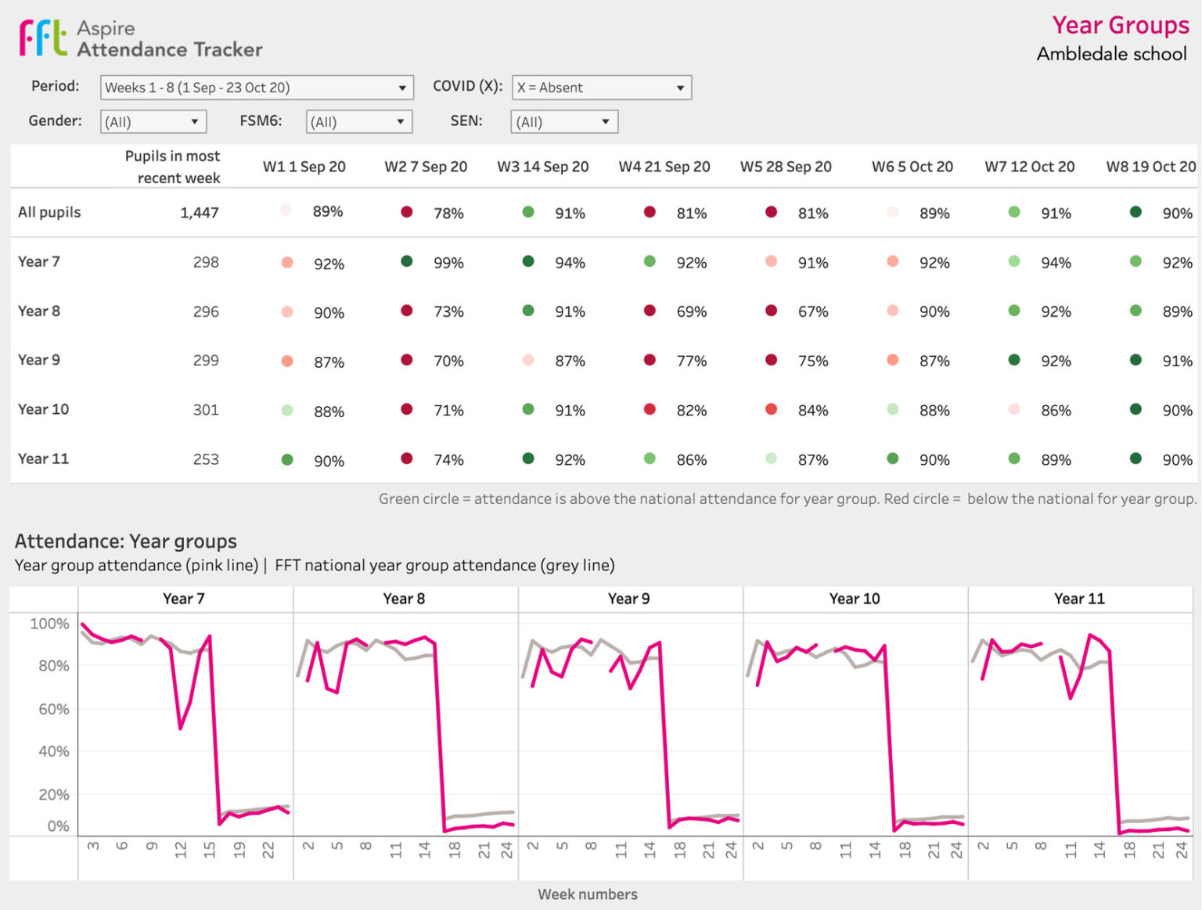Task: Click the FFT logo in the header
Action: click(x=43, y=38)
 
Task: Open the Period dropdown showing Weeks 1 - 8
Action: click(x=256, y=88)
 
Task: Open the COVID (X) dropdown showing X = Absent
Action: click(x=601, y=88)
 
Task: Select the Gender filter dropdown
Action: click(x=153, y=122)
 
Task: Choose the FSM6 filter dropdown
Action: click(x=358, y=122)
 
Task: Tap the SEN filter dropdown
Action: click(x=563, y=122)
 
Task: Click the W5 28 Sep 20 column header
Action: click(x=786, y=167)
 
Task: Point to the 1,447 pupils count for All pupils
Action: click(x=199, y=213)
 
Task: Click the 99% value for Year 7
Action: click(x=448, y=263)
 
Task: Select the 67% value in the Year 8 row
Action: click(x=812, y=311)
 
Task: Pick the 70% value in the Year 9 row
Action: click(x=448, y=361)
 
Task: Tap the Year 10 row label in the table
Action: click(x=44, y=409)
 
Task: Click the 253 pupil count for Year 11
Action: click(x=206, y=459)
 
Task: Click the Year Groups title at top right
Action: click(x=1120, y=25)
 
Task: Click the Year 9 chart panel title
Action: click(x=628, y=599)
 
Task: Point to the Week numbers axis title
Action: click(x=587, y=894)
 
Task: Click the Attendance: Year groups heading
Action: click(x=126, y=541)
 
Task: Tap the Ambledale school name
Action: click(x=1111, y=54)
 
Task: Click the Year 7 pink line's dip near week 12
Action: click(x=181, y=728)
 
